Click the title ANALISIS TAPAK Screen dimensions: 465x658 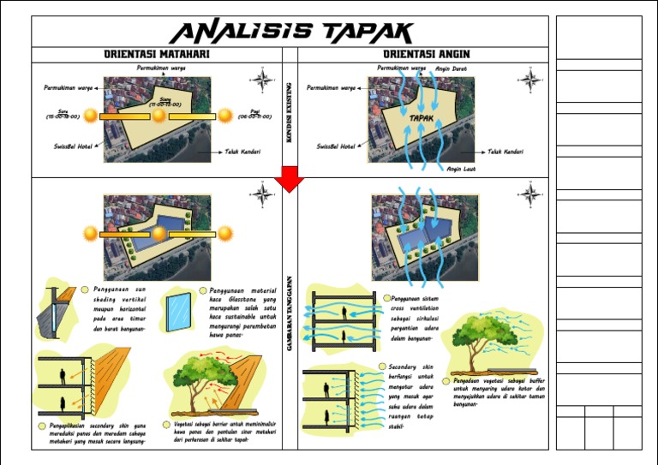pos(290,33)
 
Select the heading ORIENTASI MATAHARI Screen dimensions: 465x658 pos(157,55)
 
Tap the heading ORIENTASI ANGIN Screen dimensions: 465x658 pos(426,55)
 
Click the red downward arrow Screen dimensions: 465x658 pos(290,178)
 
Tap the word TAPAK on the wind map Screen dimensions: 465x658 pos(420,118)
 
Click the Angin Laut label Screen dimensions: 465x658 pos(459,169)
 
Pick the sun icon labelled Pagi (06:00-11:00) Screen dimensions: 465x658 pos(225,116)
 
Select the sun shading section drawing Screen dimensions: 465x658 pos(53,313)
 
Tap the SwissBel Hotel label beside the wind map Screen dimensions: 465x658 pos(335,146)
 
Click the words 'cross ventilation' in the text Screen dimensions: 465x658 pos(414,307)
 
